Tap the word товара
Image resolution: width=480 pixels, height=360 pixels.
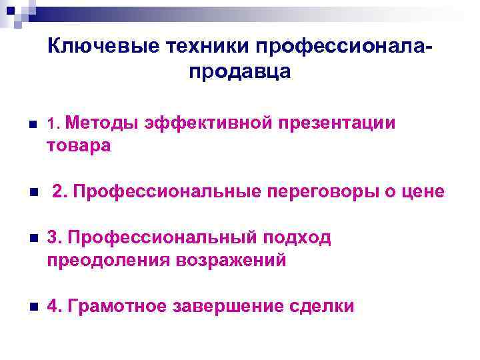click(x=79, y=145)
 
